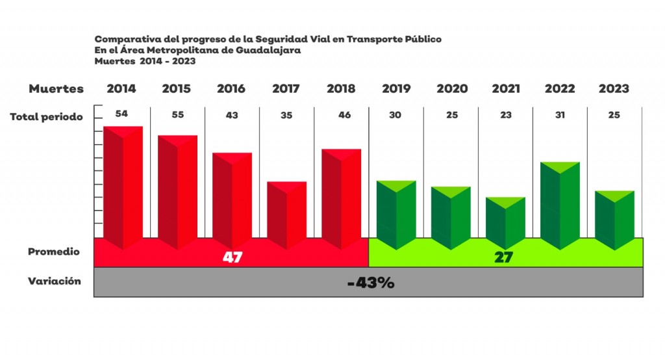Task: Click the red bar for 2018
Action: pos(342,198)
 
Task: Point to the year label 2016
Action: pos(231,89)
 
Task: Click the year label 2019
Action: pos(396,89)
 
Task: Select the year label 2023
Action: pos(614,89)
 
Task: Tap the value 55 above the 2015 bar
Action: pos(177,115)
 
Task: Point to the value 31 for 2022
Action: pos(560,115)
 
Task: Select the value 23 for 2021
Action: pos(506,115)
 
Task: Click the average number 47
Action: pos(232,257)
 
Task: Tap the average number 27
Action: pos(503,257)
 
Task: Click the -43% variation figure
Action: pos(370,283)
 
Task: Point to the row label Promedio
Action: pos(54,251)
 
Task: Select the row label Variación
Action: pos(55,281)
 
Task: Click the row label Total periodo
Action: pos(46,118)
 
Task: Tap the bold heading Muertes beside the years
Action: pos(56,89)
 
